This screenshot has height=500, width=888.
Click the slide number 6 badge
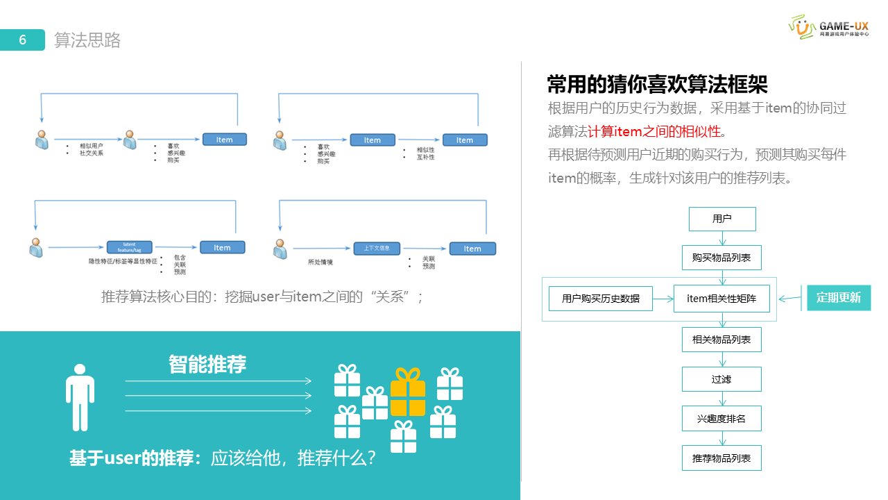pos(22,40)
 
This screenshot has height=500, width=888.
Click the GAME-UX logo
pos(829,26)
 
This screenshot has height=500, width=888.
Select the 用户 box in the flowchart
pos(721,219)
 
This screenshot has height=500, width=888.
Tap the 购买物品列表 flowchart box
pos(721,258)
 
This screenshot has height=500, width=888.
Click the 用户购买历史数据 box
pos(600,299)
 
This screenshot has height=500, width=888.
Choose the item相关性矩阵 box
pos(721,299)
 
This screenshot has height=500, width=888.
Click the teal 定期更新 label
pos(838,298)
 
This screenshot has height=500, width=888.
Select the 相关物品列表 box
pos(721,340)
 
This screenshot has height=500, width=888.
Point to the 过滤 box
pos(721,379)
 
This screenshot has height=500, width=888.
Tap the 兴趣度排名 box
pos(721,419)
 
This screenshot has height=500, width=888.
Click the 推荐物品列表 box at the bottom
pos(721,458)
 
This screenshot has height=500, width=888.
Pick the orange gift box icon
pos(408,392)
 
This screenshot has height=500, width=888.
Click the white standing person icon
pos(80,397)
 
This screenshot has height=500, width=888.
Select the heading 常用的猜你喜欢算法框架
pos(657,85)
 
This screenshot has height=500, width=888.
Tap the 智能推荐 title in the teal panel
pos(207,364)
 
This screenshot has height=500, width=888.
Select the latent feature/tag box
pos(129,247)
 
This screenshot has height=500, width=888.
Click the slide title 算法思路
pos(87,40)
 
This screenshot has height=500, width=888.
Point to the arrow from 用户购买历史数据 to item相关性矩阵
pos(663,299)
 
